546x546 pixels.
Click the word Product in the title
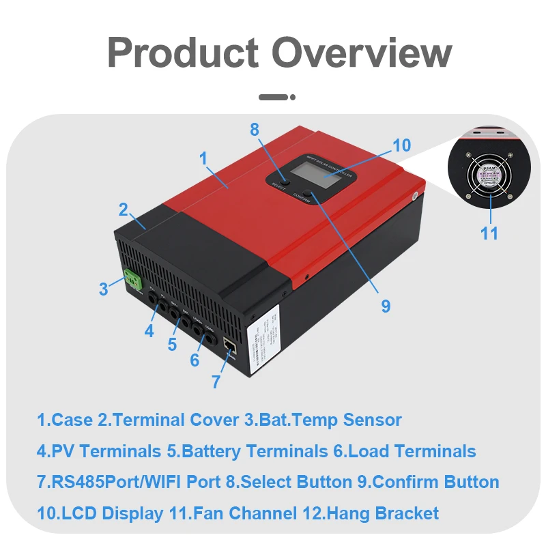(182, 53)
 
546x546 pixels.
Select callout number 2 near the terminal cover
(123, 209)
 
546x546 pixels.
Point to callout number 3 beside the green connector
(103, 289)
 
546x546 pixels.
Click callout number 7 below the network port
(216, 382)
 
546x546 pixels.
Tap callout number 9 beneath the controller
(386, 306)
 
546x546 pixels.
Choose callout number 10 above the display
(402, 145)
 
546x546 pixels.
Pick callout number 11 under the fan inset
(489, 233)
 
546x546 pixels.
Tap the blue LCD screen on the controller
(323, 182)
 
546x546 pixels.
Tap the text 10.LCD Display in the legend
(100, 513)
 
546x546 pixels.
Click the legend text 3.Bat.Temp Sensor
(323, 420)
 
